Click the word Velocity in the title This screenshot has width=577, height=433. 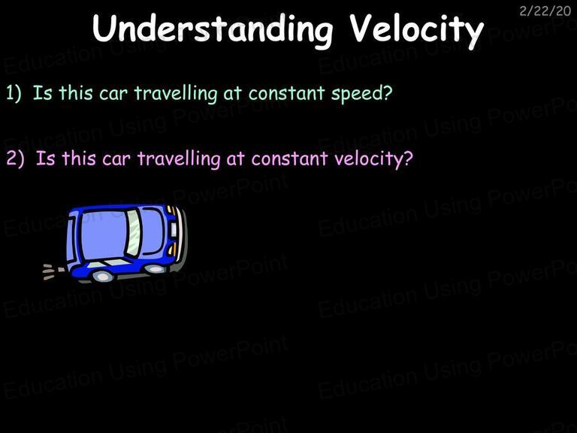tap(416, 31)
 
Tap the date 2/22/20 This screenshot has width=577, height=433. tap(545, 11)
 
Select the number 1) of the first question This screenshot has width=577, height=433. tap(14, 92)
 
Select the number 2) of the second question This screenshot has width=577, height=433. tap(16, 159)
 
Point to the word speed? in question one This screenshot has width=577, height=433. tap(362, 93)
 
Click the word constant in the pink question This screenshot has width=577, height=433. tap(290, 159)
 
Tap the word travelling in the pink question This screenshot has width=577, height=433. tap(179, 159)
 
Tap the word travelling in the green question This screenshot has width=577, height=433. tap(176, 93)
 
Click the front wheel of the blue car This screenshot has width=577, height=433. tap(156, 270)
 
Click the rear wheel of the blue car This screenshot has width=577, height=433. tap(102, 276)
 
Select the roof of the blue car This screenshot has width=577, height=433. tap(103, 235)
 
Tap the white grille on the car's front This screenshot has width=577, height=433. tap(174, 229)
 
